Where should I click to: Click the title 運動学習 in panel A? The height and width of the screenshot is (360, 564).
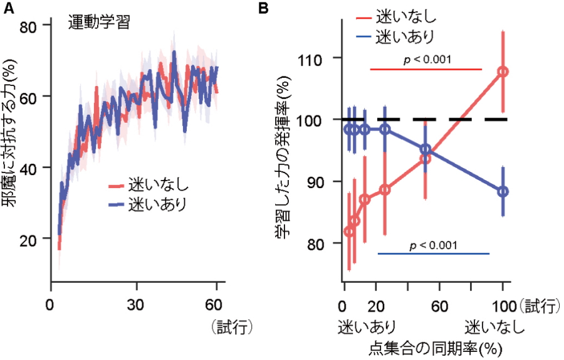pyautogui.click(x=99, y=24)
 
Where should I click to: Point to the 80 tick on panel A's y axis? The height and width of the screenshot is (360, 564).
pyautogui.click(x=29, y=25)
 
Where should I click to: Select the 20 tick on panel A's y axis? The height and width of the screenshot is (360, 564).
pyautogui.click(x=29, y=239)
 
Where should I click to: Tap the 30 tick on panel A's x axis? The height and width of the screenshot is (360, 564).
pyautogui.click(x=137, y=304)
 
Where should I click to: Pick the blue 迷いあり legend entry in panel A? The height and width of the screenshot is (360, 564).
pyautogui.click(x=147, y=204)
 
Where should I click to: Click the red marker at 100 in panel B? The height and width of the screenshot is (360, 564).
pyautogui.click(x=503, y=71)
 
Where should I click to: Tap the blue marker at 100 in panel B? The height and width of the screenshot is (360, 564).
pyautogui.click(x=503, y=191)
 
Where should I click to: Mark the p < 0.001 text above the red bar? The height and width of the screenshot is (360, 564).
pyautogui.click(x=426, y=60)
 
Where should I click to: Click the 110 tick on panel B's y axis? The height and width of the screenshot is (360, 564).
pyautogui.click(x=320, y=58)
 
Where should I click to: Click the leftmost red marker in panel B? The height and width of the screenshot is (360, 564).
pyautogui.click(x=349, y=231)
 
